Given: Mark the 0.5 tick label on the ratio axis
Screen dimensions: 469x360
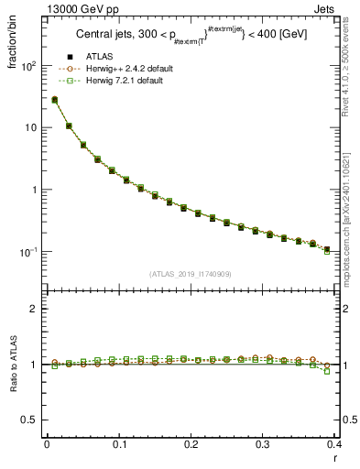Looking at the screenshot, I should click(31, 420).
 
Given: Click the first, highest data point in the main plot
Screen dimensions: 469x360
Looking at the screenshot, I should click(54, 100).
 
